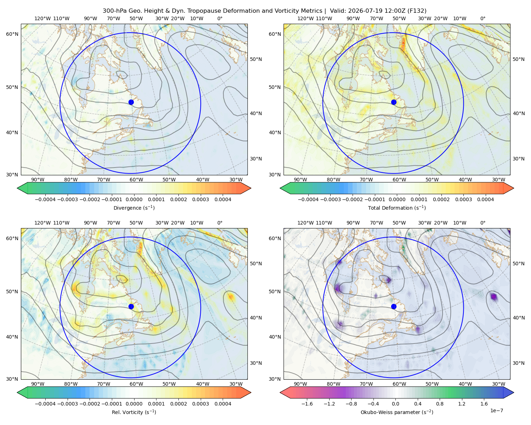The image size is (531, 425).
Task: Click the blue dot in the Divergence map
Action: (x=131, y=102)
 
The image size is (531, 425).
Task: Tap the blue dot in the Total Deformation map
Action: (x=394, y=102)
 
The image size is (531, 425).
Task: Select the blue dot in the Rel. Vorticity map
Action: (x=131, y=306)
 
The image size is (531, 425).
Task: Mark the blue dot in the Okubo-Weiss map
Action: (x=394, y=306)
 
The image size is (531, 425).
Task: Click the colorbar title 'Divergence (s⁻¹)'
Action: (x=134, y=208)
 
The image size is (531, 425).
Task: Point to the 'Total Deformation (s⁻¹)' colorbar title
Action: (x=397, y=208)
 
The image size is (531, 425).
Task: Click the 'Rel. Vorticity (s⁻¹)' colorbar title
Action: (x=134, y=412)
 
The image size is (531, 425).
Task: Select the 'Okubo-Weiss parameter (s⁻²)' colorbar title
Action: (x=397, y=412)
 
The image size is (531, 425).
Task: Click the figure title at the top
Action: (x=264, y=11)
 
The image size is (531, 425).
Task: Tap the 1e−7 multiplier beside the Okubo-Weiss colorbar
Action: (x=496, y=410)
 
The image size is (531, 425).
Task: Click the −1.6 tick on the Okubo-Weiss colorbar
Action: (x=307, y=404)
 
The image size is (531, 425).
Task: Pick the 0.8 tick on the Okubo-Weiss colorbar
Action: (x=440, y=404)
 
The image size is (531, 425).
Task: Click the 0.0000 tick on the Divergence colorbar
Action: (x=134, y=199)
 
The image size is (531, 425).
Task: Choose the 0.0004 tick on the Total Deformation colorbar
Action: (x=486, y=199)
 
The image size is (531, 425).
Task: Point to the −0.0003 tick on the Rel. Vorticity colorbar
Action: (x=67, y=404)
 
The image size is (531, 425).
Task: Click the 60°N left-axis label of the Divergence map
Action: (x=12, y=34)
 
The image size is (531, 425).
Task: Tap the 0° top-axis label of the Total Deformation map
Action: (x=483, y=18)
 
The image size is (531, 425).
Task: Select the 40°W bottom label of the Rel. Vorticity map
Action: (x=202, y=384)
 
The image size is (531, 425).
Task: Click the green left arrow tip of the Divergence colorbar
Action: (x=17, y=188)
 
